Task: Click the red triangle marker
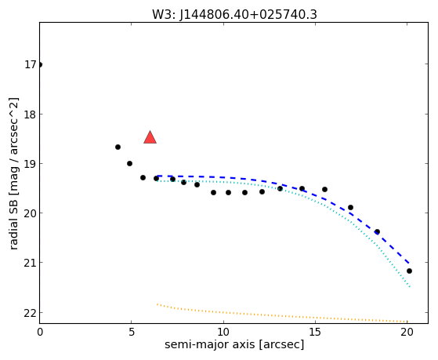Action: click(x=150, y=137)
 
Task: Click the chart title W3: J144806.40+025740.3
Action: click(x=234, y=14)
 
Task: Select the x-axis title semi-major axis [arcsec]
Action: click(x=234, y=344)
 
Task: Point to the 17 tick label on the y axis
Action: click(x=31, y=64)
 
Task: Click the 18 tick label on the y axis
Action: click(x=31, y=115)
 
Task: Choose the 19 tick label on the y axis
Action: click(x=31, y=164)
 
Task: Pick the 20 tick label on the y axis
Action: click(x=31, y=213)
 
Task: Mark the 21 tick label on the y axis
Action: click(x=31, y=263)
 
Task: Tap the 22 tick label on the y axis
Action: click(x=31, y=313)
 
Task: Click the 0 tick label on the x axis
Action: click(x=40, y=332)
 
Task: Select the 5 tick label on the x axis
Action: click(x=132, y=332)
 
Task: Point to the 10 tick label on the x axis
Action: click(x=223, y=332)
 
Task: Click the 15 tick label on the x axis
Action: click(x=315, y=332)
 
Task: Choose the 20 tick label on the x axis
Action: click(x=407, y=332)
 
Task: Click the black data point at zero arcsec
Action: click(x=40, y=64)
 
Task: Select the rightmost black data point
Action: click(x=409, y=271)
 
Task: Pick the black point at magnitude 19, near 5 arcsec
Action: click(x=129, y=163)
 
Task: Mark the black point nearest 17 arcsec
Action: click(x=350, y=207)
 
